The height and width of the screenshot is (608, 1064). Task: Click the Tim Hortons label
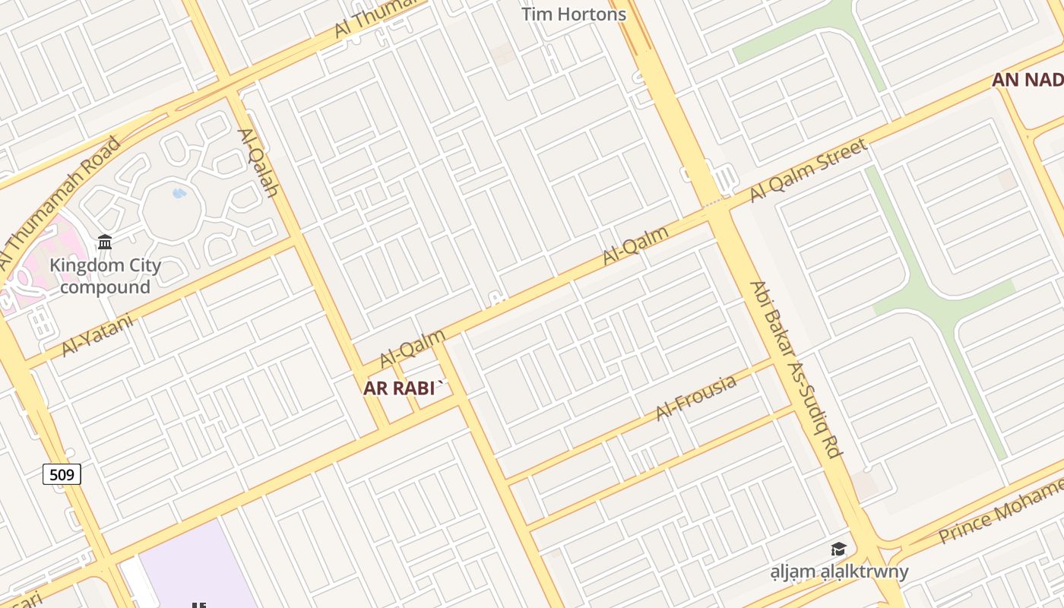(574, 14)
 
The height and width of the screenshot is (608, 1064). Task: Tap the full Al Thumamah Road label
(59, 202)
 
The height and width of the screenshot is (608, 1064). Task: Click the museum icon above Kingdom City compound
(105, 242)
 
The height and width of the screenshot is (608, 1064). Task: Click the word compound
(105, 287)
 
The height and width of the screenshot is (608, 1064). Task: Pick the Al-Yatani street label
(97, 335)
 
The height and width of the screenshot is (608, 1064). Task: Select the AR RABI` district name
(404, 388)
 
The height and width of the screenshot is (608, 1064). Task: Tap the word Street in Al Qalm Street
(836, 157)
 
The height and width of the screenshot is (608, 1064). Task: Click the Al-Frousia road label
(696, 397)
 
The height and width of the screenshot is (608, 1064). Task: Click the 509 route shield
(62, 475)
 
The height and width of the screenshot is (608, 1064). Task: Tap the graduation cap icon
(838, 549)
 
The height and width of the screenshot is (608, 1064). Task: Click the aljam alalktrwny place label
(838, 572)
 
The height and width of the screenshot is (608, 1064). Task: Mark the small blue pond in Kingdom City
(179, 193)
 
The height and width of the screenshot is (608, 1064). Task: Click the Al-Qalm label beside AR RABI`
(413, 348)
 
